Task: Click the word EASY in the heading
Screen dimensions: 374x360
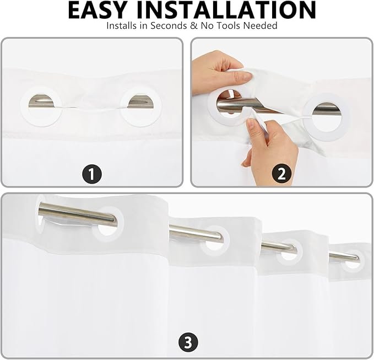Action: pyautogui.click(x=96, y=10)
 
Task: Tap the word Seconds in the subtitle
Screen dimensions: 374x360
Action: pyautogui.click(x=169, y=25)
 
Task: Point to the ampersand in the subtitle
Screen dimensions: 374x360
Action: pyautogui.click(x=194, y=25)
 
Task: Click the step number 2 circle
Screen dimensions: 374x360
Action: pyautogui.click(x=281, y=174)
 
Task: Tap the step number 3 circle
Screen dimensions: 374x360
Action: pyautogui.click(x=188, y=343)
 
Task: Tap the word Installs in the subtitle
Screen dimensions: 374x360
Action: pyautogui.click(x=122, y=25)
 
